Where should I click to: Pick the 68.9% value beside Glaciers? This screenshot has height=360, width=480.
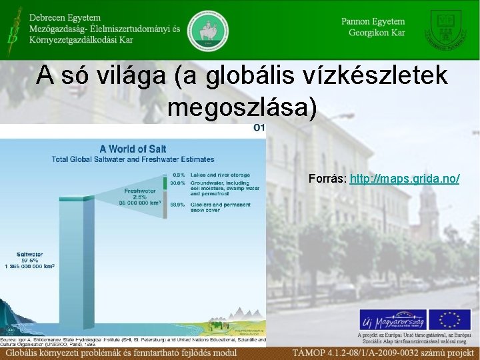177,204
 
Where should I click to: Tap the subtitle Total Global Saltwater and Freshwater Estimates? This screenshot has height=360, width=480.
133,159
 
